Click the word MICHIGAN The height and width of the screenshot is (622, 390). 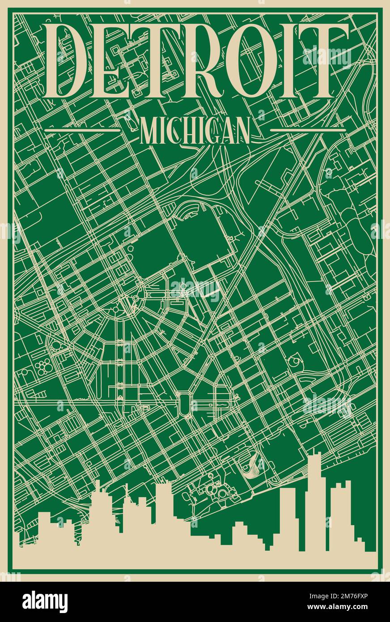[x=195, y=130]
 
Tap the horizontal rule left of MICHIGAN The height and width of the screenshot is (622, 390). [x=83, y=130]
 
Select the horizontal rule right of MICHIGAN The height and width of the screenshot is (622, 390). [x=308, y=130]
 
